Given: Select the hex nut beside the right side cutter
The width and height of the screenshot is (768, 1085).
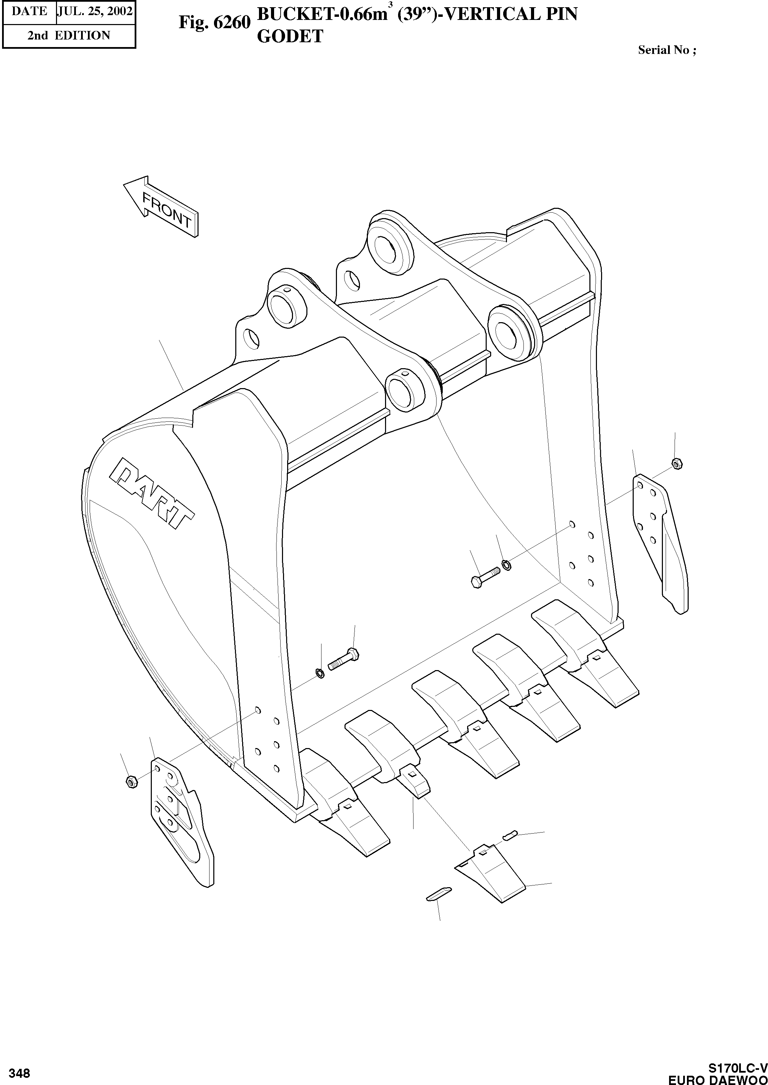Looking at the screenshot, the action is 677,463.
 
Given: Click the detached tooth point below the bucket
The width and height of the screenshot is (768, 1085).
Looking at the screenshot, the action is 489,873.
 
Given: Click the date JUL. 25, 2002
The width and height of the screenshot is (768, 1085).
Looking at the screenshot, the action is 94,11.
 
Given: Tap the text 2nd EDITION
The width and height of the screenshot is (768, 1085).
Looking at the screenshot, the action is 69,35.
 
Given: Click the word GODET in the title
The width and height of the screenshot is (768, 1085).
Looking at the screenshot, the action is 290,36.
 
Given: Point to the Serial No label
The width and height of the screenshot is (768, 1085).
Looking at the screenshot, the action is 667,50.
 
